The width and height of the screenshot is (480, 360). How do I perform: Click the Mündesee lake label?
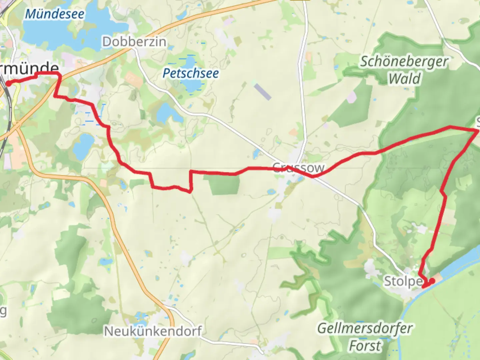coord(55,14)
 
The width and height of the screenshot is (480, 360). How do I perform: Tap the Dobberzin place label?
coord(134,42)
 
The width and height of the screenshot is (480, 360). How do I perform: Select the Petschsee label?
coord(191,73)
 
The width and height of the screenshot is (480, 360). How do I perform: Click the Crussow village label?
coord(298,167)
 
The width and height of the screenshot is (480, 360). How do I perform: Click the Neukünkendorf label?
coord(153,331)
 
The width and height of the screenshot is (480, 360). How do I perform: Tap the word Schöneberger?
coord(404,62)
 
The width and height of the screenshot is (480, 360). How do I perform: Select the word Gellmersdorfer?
coord(365,328)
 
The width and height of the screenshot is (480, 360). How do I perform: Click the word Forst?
coord(365,346)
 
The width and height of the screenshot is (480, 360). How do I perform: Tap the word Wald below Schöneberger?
coord(404,79)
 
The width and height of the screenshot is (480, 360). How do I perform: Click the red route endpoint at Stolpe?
coord(432,281)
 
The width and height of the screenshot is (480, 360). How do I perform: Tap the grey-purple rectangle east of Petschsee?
coord(263,92)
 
